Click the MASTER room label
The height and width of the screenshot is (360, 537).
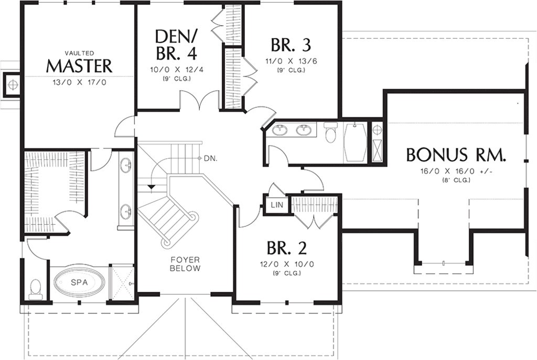(x=79, y=66)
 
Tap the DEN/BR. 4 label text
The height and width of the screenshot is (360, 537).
(x=176, y=45)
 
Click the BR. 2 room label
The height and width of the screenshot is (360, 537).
(x=286, y=247)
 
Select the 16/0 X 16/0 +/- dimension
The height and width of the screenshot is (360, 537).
(x=456, y=171)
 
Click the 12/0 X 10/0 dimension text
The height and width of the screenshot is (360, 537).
(x=287, y=264)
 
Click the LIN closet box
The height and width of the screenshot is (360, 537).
(x=277, y=205)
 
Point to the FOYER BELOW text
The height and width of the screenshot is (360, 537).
(x=185, y=264)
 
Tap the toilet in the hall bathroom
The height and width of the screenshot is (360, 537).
(x=330, y=134)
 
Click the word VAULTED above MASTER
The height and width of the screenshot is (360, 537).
(x=79, y=53)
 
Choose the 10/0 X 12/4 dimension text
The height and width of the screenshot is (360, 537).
(x=176, y=70)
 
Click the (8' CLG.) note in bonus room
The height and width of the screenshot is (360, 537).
(x=456, y=180)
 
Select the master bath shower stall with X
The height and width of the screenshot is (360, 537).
(x=121, y=283)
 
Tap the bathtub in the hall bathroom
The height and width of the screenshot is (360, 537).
(x=355, y=142)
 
